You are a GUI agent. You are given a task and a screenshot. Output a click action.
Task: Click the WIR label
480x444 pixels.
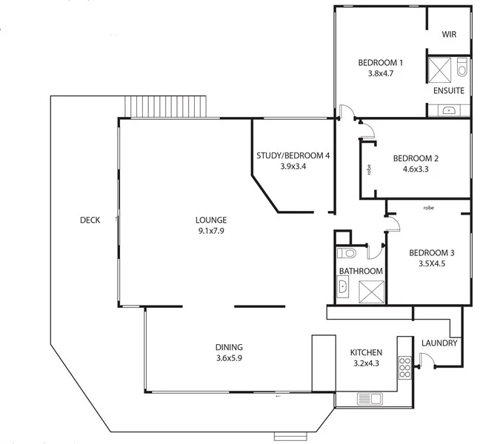[449, 35]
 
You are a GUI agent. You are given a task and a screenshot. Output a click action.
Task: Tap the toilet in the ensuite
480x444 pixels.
[462, 70]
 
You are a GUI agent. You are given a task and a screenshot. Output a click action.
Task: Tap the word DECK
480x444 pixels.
[90, 220]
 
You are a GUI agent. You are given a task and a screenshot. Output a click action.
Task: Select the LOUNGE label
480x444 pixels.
[211, 220]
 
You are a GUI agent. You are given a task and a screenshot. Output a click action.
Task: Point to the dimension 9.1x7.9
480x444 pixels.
[211, 231]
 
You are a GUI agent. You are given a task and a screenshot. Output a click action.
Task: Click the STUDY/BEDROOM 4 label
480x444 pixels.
[293, 155]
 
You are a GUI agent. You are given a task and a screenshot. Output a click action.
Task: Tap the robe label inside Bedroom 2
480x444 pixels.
[368, 169]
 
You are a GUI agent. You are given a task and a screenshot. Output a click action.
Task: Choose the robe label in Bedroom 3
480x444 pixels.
[428, 208]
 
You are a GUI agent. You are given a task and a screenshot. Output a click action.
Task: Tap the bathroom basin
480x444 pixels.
[343, 288]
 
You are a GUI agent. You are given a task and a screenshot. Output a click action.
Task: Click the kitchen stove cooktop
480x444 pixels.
[404, 366]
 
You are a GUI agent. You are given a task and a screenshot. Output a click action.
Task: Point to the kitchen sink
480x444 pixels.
[370, 400]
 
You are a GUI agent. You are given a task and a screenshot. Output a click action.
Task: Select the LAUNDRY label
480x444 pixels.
[440, 343]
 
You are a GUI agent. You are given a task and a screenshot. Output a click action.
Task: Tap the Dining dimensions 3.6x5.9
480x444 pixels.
[229, 358]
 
